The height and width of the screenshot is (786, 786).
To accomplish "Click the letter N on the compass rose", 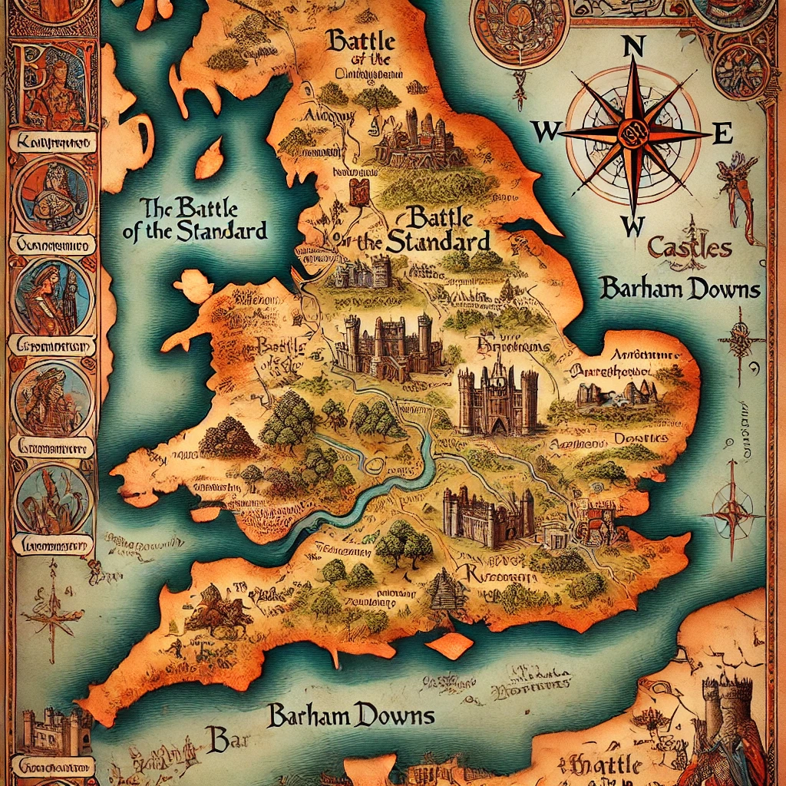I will point(634,47).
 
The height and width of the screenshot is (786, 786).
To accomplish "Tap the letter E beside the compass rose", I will point(722,134).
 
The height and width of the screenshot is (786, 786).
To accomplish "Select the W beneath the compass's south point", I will point(632,226).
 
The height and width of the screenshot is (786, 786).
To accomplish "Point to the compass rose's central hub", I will point(634,132).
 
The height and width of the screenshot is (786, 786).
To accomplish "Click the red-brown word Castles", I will point(689,248).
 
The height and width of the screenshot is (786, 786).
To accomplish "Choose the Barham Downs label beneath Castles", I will point(680,289).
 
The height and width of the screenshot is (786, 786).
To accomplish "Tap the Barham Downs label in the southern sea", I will point(351,715).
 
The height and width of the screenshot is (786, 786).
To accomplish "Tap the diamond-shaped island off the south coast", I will point(450,644).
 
